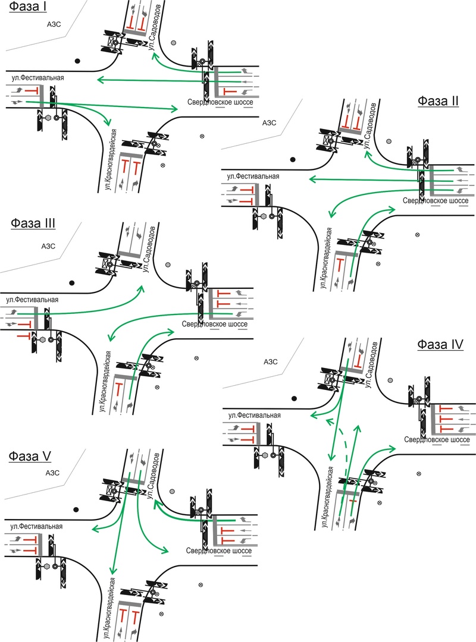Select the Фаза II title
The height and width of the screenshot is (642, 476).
coord(438,100)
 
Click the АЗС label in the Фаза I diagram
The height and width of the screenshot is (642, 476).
coord(54,24)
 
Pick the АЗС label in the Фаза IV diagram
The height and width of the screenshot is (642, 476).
coord(271,361)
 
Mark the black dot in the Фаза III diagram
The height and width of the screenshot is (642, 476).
coord(73,283)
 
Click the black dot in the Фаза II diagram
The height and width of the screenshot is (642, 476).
coord(293,159)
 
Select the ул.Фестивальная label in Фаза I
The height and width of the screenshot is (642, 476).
coord(37,77)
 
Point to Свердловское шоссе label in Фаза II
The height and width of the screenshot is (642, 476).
coord(437,202)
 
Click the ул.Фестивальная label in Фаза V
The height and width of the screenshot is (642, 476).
coord(36,526)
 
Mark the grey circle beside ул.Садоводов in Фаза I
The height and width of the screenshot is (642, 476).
coord(173,43)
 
